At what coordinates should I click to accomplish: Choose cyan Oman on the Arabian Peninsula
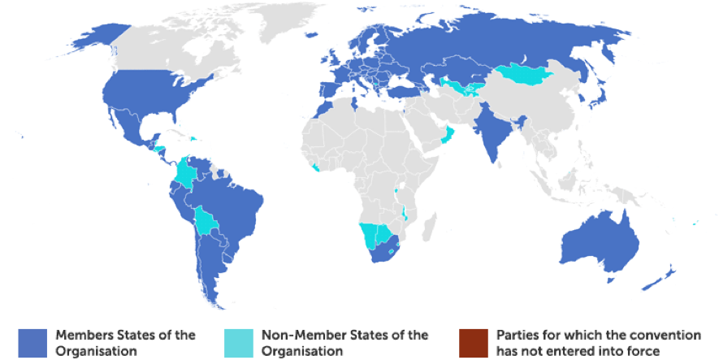click(446, 133)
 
